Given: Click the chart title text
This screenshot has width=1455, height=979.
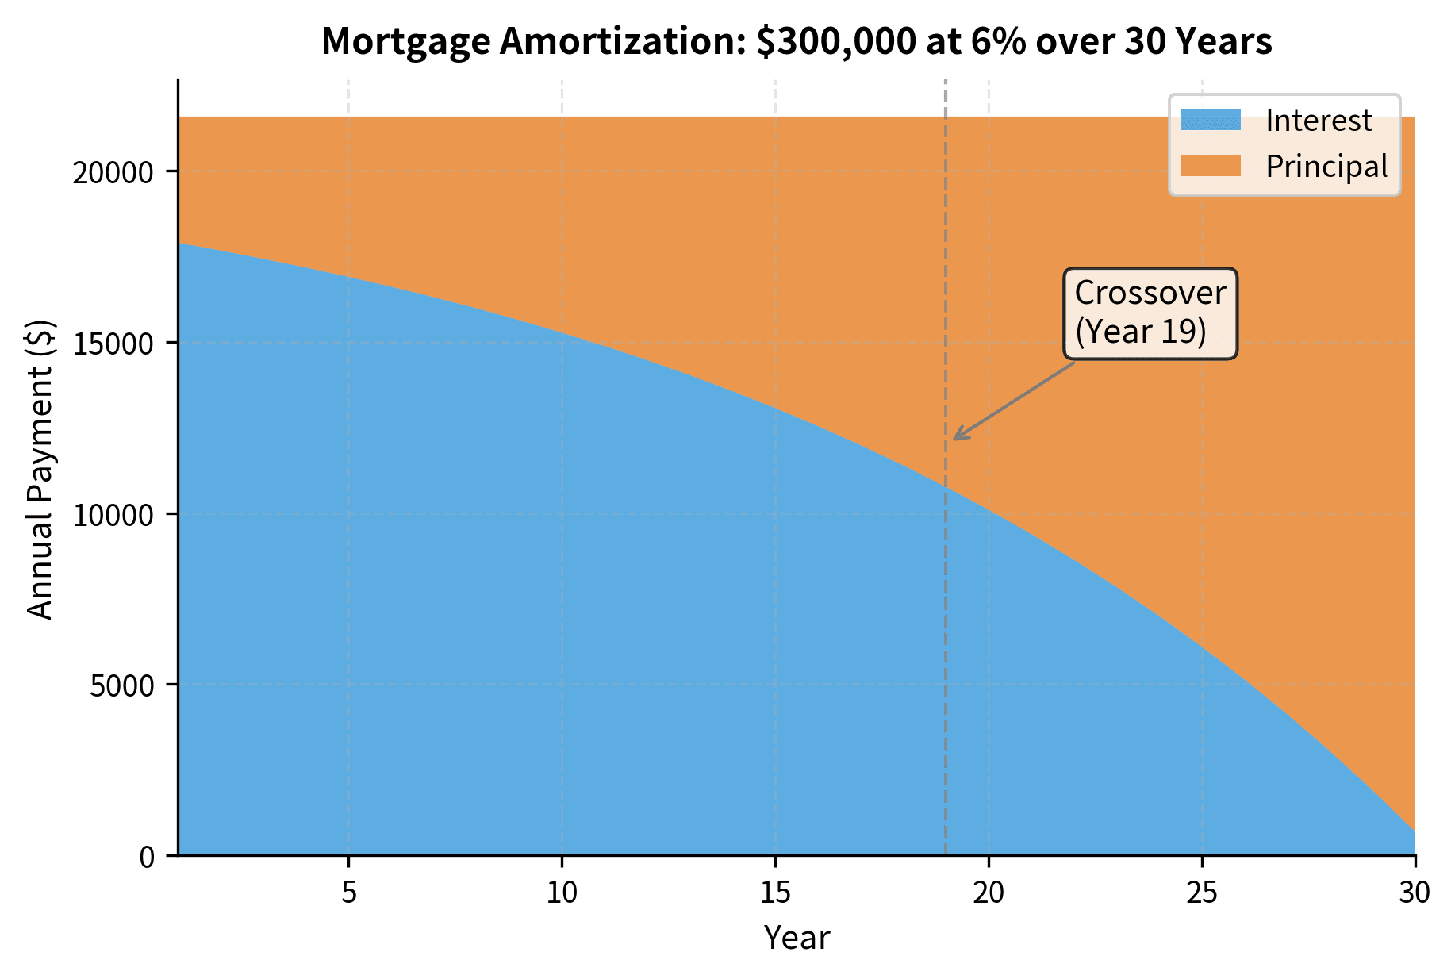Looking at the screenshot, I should [x=796, y=41].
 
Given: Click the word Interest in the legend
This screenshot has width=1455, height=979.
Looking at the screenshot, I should [x=1318, y=121].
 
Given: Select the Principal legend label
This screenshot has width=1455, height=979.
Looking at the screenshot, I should [x=1326, y=167].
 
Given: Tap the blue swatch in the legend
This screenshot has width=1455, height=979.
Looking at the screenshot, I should [x=1210, y=121].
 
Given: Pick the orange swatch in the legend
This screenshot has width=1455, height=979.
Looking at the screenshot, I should [x=1210, y=167].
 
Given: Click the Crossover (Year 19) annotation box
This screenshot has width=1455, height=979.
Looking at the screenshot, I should [x=1150, y=313].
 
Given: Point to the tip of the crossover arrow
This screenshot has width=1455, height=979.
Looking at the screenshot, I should [x=954, y=439].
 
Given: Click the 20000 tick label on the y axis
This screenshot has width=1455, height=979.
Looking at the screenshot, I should [x=113, y=172].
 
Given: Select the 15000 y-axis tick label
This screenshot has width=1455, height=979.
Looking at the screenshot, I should [x=113, y=344].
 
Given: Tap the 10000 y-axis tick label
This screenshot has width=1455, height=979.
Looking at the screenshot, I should [x=113, y=515].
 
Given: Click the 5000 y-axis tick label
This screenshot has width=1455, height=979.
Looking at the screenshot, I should [x=121, y=685].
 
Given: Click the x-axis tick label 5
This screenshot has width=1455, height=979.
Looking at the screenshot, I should [x=349, y=894].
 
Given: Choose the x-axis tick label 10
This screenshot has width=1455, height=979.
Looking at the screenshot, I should [x=562, y=894].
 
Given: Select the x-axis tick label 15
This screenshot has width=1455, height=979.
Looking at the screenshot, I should [x=775, y=894].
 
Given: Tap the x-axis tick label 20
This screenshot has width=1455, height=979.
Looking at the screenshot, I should [x=989, y=894].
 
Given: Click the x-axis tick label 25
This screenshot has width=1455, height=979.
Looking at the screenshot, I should [x=1202, y=894].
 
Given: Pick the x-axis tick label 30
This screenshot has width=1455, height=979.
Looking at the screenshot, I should [x=1415, y=894].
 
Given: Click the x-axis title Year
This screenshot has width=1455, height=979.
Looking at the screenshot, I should [x=796, y=939].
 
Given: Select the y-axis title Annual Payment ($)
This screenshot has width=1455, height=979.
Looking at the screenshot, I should [x=40, y=469].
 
